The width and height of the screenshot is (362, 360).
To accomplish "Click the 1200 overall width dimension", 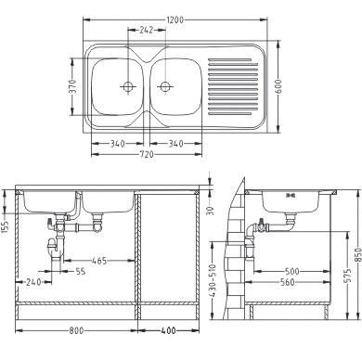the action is click(175, 20).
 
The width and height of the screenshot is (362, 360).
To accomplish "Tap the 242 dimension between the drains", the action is click(147, 31).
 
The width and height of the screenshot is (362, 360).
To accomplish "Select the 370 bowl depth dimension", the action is click(72, 86).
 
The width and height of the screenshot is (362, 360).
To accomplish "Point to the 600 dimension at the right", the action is click(278, 87).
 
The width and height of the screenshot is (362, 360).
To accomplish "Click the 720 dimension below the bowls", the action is click(147, 154).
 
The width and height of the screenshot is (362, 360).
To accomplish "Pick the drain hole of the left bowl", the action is click(128, 86).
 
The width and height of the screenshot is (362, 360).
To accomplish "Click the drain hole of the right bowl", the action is click(165, 86).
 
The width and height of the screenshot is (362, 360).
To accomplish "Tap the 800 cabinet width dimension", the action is click(76, 330).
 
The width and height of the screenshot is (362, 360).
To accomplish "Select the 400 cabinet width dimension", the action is click(169, 330).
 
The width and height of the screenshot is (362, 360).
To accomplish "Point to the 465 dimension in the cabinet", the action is click(99, 261).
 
